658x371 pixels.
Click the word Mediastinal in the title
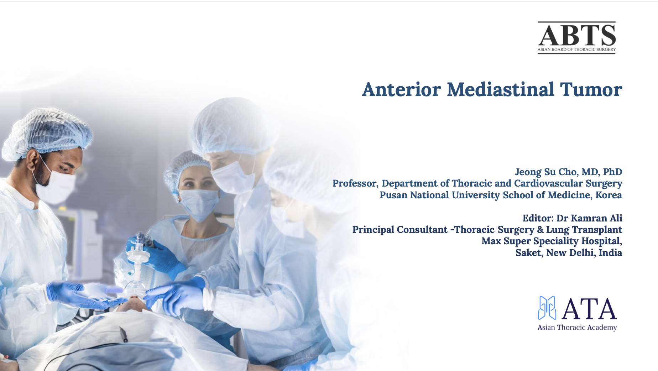click(501, 90)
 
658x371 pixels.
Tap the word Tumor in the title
click(591, 90)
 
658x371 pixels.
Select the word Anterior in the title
click(401, 90)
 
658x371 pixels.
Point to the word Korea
click(609, 195)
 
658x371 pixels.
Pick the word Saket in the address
click(528, 253)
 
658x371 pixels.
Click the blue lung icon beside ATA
click(547, 308)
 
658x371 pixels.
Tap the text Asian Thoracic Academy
click(577, 328)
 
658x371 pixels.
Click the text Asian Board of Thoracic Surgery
click(576, 49)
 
